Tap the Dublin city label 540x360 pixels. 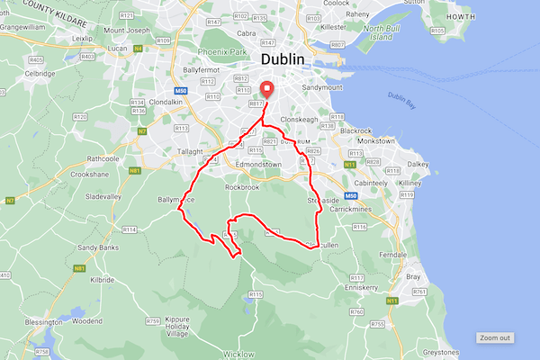[x=283, y=59]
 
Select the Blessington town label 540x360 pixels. [x=25, y=320]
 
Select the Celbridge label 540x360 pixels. [x=40, y=74]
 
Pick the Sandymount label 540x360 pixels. [x=323, y=89]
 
